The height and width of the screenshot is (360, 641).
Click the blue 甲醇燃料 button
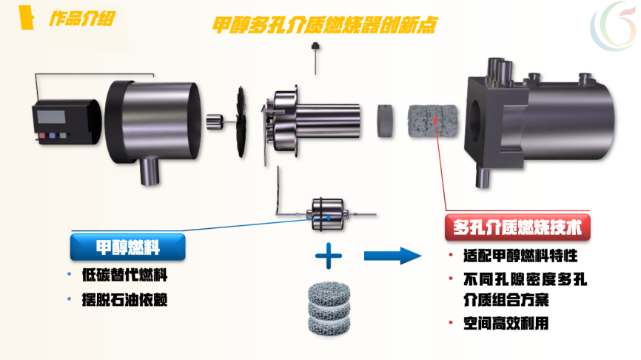(x=127, y=247)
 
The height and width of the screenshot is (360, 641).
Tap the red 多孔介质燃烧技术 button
(x=517, y=227)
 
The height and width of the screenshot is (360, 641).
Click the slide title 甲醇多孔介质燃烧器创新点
(x=325, y=25)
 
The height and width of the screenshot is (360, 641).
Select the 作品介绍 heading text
(x=82, y=19)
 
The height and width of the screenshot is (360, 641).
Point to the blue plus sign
(x=329, y=256)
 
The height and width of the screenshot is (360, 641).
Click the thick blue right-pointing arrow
(x=392, y=256)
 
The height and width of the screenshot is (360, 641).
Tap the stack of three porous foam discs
(x=329, y=307)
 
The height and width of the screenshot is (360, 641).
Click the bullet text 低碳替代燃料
(x=124, y=275)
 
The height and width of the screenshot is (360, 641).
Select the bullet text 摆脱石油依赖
(x=124, y=300)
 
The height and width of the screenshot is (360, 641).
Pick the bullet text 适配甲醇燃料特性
(x=520, y=256)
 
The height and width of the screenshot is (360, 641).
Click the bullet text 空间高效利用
(x=506, y=324)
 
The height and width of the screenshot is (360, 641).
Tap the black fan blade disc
(x=241, y=122)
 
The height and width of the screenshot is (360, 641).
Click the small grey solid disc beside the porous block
(x=385, y=121)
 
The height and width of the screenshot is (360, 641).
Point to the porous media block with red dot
(x=432, y=121)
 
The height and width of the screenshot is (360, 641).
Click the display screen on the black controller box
(x=51, y=116)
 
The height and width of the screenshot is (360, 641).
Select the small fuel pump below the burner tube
(x=328, y=215)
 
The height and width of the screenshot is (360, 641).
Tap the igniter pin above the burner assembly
(x=315, y=58)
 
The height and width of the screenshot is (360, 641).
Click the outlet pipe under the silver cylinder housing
(x=150, y=171)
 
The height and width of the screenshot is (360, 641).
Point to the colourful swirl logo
(x=614, y=25)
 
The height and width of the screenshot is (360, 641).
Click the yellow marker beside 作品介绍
(x=27, y=17)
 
